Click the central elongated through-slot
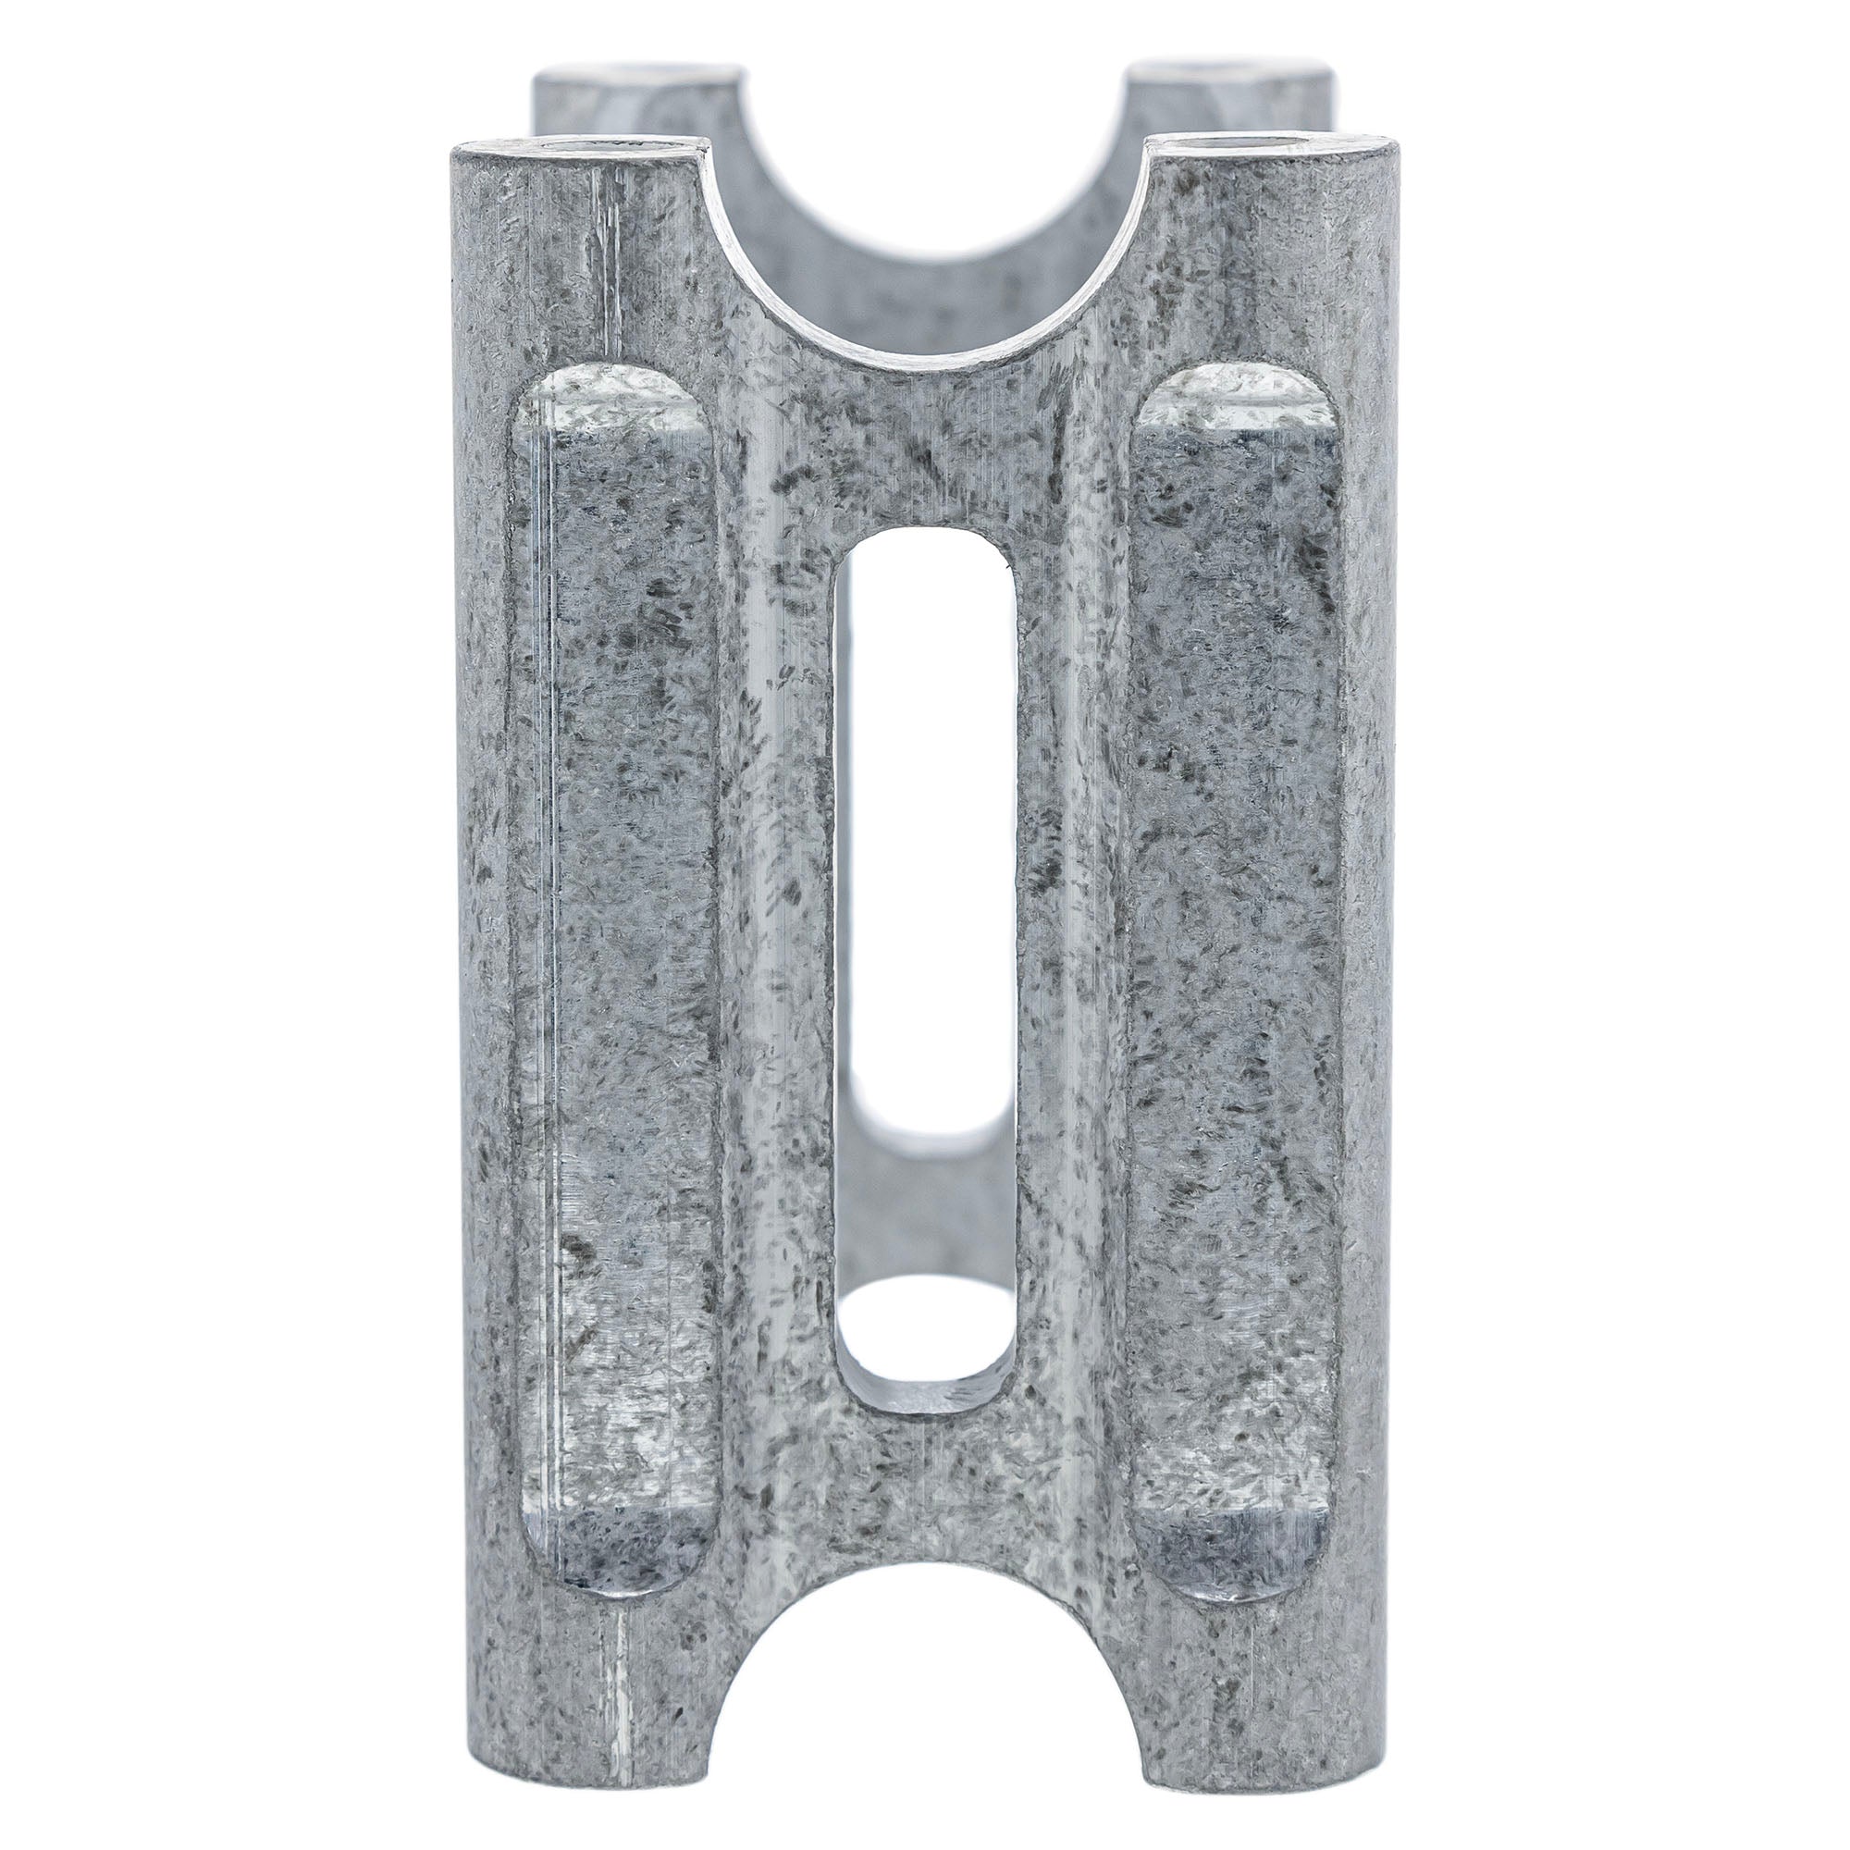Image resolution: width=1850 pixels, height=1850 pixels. (925, 957)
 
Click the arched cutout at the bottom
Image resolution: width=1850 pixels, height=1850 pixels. (925, 1723)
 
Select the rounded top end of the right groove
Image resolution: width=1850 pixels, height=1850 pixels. (1235, 398)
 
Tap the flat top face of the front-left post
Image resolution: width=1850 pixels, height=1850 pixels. (574, 148)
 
